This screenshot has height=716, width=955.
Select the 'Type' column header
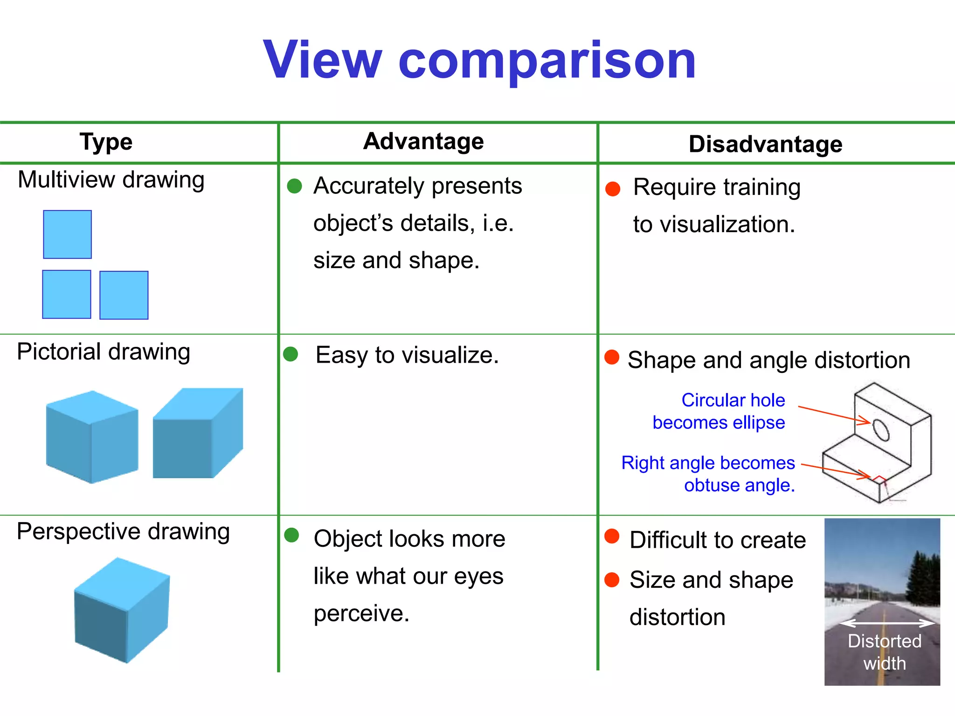[x=106, y=142]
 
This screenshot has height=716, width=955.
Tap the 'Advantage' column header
[x=423, y=141]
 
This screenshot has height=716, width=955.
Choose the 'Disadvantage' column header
[x=765, y=144]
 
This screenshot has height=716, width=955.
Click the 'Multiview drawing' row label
[x=111, y=180]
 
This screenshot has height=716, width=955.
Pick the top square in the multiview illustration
[x=67, y=234]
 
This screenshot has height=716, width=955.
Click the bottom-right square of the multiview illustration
[x=124, y=295]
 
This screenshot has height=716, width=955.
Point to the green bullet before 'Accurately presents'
[x=294, y=186]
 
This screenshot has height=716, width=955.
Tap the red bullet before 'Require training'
[x=612, y=189]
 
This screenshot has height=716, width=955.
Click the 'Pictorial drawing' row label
[x=104, y=352]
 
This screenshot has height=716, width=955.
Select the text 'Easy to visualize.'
[x=407, y=355]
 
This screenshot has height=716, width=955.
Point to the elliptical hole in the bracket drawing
[x=880, y=430]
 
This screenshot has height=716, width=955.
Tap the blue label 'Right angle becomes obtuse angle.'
[x=709, y=474]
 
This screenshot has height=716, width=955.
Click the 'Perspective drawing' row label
[x=123, y=531]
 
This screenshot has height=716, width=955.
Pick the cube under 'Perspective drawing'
[x=122, y=610]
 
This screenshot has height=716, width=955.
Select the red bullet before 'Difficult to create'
[x=611, y=536]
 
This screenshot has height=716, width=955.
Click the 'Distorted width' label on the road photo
[x=884, y=652]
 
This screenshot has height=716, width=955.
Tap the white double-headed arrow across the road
[x=886, y=623]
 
